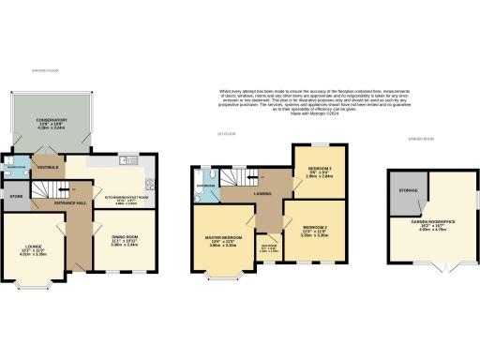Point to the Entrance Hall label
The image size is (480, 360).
click(x=69, y=202)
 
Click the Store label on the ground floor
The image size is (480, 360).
click(x=15, y=197)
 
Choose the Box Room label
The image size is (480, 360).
click(x=268, y=247)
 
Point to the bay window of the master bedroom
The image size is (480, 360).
click(x=222, y=277)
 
